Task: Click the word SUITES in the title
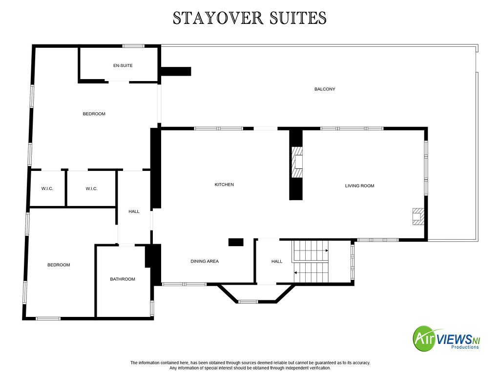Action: (x=298, y=18)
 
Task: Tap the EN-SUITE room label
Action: (x=123, y=65)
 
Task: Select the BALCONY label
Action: (x=325, y=89)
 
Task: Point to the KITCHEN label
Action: (x=224, y=184)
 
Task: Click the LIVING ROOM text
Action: (x=359, y=186)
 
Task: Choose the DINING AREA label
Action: (x=205, y=261)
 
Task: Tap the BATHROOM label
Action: (x=123, y=279)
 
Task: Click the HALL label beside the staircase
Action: (x=277, y=261)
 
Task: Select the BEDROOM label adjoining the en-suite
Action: (x=94, y=114)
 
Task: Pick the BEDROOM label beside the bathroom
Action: (x=59, y=265)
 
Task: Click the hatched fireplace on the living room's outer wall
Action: (x=418, y=216)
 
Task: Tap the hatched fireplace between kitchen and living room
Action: (x=297, y=162)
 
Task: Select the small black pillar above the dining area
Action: (x=236, y=242)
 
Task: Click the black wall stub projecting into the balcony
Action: (x=176, y=71)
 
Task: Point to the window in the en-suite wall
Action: (x=133, y=46)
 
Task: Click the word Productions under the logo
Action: (x=465, y=347)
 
